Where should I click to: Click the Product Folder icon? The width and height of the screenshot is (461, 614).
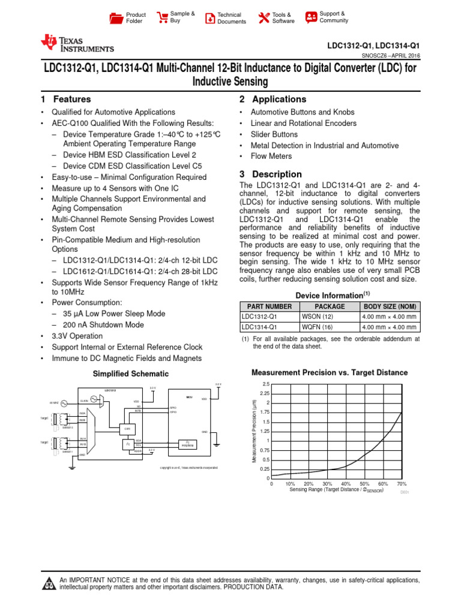(x=116, y=19)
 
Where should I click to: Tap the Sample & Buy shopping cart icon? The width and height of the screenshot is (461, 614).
(x=162, y=17)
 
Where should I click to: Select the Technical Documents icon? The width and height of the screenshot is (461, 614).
(x=209, y=18)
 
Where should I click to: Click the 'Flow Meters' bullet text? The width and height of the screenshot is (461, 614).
(x=271, y=156)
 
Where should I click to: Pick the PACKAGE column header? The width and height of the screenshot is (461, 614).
(x=330, y=306)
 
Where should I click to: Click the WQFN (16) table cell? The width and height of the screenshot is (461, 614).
(x=316, y=327)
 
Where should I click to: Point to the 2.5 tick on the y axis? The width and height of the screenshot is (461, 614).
(x=266, y=384)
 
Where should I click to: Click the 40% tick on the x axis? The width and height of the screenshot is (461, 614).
(x=346, y=483)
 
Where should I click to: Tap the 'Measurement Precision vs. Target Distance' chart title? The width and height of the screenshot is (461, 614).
(x=329, y=373)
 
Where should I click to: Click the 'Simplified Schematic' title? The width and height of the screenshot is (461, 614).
(x=130, y=374)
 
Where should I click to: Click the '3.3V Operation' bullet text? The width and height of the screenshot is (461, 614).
(x=77, y=336)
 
